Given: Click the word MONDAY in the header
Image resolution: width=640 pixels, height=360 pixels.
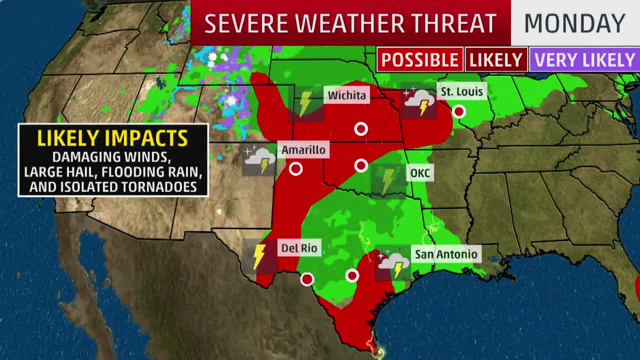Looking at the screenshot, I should [574, 23].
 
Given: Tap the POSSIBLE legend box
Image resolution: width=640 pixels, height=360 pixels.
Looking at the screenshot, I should [419, 60].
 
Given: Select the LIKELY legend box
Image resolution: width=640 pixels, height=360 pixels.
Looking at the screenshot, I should [496, 60].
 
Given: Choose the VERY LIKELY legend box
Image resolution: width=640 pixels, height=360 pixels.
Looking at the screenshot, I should [584, 60].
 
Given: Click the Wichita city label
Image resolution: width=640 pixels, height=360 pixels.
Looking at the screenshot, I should [346, 95].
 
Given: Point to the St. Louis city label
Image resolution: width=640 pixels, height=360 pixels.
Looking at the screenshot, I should [461, 91].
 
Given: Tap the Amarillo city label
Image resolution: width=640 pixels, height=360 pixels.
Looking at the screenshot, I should [303, 150].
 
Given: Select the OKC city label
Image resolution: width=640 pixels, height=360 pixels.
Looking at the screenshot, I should [419, 173].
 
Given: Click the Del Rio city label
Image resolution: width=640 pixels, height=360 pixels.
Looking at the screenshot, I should [299, 248].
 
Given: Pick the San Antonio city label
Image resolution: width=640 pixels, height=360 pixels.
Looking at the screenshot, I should [446, 254].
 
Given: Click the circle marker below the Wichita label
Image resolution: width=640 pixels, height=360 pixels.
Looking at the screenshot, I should [361, 129].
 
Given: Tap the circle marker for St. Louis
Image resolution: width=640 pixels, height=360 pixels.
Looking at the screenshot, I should [458, 111].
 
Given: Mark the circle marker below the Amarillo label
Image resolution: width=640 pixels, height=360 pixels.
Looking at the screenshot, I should [296, 169].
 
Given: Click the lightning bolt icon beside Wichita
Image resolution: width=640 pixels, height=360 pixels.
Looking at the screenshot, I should [305, 103].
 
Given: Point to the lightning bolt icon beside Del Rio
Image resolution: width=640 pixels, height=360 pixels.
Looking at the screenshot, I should [259, 256].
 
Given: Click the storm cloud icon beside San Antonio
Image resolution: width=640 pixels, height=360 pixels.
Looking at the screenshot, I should [393, 263].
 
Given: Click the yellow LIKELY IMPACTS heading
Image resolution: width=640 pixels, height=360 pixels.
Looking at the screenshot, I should [112, 138].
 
